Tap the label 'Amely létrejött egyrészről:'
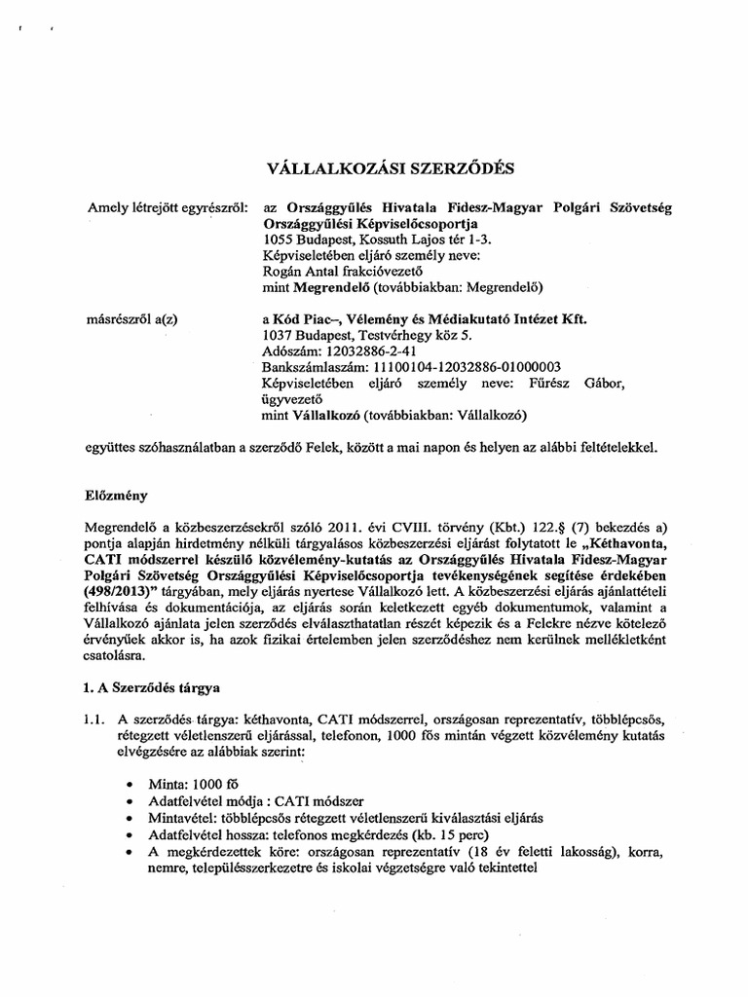point(168,207)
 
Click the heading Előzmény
point(116,494)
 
